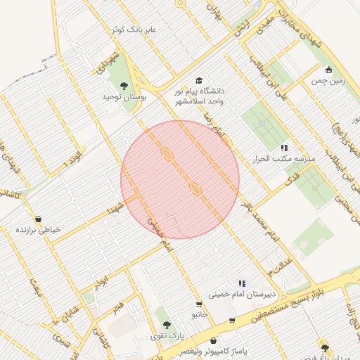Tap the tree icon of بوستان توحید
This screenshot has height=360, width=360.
pyautogui.click(x=124, y=86)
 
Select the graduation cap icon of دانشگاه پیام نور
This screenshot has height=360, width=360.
pyautogui.click(x=199, y=81)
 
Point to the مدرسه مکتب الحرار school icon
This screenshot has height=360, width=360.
pyautogui.click(x=284, y=148)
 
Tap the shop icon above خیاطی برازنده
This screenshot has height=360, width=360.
pyautogui.click(x=37, y=219)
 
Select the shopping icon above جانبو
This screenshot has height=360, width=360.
pyautogui.click(x=200, y=304)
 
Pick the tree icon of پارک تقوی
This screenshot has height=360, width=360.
pyautogui.click(x=166, y=325)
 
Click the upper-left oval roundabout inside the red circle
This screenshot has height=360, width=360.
pyautogui.click(x=167, y=153)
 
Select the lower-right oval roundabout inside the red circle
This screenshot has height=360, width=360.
pyautogui.click(x=195, y=188)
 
